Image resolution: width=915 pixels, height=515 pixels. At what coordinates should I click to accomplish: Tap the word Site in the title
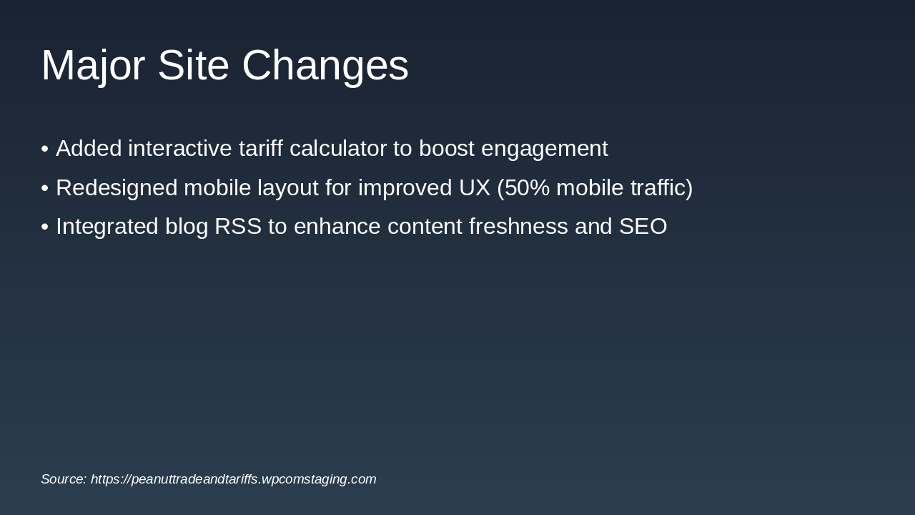(x=193, y=65)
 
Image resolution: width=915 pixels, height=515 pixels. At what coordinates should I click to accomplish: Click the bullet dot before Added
(x=45, y=149)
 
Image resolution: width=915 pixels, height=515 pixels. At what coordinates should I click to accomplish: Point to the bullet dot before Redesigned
(x=45, y=188)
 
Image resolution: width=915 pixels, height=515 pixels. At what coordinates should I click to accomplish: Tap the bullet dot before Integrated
(x=45, y=227)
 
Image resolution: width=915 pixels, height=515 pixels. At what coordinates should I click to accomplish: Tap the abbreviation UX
(x=474, y=188)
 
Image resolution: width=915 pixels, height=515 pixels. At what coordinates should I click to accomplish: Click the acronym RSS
(x=238, y=227)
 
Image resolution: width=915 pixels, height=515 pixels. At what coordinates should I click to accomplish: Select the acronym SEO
(x=643, y=227)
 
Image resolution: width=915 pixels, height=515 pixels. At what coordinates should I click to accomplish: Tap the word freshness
(x=518, y=226)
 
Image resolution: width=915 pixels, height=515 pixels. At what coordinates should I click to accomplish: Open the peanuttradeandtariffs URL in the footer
(x=233, y=479)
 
